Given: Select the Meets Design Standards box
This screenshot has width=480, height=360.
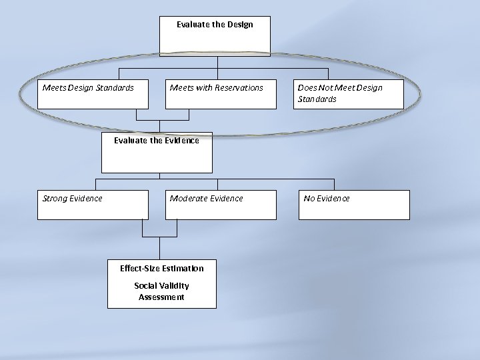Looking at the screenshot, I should point(93,94).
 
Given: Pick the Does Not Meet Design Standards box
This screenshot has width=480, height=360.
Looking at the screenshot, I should point(349,94).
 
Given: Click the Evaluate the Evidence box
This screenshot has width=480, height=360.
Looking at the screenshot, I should point(157,153).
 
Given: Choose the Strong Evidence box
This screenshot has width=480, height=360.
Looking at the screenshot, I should point(93,205).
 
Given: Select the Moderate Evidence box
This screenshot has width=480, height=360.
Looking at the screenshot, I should point(221,205).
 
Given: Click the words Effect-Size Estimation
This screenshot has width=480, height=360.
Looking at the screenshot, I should point(162,269).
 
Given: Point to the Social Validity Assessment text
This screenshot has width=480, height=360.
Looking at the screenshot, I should point(162,291).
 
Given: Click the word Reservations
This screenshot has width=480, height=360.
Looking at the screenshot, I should point(239,88).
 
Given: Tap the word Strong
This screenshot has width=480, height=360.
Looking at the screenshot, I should point(55,199).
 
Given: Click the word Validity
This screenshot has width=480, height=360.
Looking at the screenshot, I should point(174,286).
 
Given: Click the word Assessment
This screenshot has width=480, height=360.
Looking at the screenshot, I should point(162,297).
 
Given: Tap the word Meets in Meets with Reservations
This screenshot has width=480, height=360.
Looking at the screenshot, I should point(181,88).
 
